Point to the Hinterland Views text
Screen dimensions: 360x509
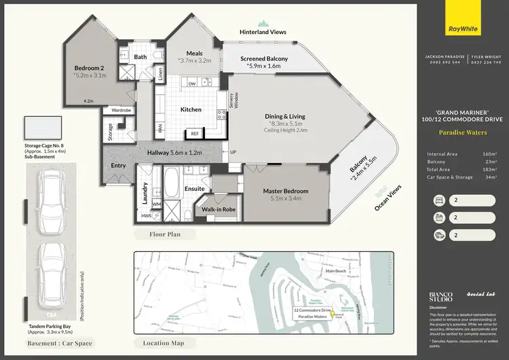pos(263,32)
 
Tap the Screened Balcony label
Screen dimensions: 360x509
pos(264,59)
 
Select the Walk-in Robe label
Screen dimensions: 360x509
pos(219,210)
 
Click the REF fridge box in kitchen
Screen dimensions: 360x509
pos(194,134)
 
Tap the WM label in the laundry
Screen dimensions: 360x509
pos(155,203)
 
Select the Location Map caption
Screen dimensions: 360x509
pos(164,343)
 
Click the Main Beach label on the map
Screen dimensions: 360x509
pos(335,271)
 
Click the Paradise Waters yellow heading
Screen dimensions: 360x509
pos(464,132)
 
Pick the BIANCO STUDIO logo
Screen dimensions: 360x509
pos(441,297)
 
